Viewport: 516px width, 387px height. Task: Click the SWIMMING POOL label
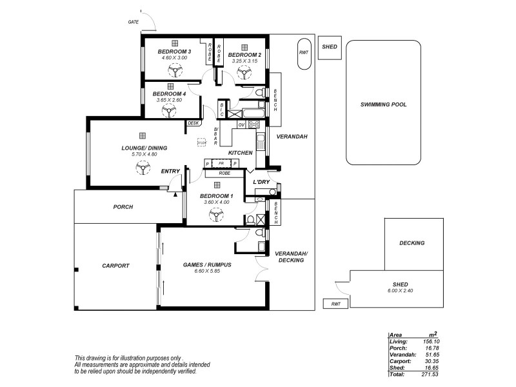tap(384, 104)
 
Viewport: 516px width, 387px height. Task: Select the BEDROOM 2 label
tap(244, 55)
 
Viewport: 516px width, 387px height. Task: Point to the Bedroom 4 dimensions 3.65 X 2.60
tap(169, 100)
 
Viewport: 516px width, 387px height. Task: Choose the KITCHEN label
tap(241, 153)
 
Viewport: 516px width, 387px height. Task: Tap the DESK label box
tap(193, 123)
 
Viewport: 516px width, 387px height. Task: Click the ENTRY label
tap(170, 171)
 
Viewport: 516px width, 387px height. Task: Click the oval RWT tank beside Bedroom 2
tap(303, 56)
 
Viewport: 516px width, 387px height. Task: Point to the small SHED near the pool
tap(330, 47)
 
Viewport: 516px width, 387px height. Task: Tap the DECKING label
tap(412, 243)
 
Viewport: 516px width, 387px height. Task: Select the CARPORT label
tap(116, 265)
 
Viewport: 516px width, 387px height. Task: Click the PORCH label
tap(123, 207)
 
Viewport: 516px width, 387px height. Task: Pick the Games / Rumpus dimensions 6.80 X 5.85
tap(208, 272)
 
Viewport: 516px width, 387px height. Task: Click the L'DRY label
tap(261, 182)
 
